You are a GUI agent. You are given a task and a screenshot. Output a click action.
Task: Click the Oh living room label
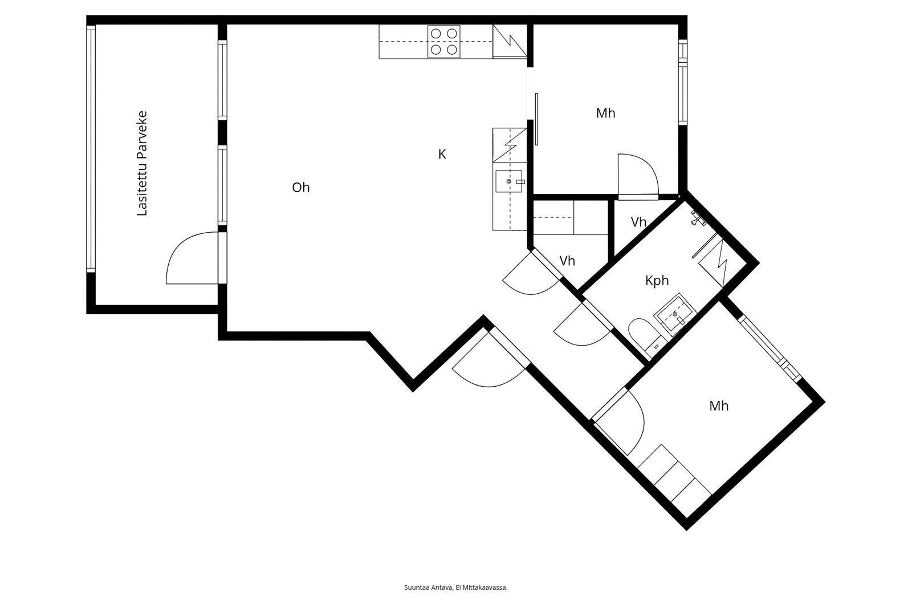301,188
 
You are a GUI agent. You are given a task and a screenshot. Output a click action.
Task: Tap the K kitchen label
442,154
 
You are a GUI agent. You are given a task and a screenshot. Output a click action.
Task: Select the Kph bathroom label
657,281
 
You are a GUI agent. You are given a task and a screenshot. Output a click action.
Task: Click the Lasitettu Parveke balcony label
142,163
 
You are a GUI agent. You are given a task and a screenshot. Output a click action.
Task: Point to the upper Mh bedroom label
605,113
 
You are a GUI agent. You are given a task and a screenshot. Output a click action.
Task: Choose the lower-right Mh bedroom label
719,406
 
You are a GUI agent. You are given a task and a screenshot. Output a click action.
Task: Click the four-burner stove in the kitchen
444,42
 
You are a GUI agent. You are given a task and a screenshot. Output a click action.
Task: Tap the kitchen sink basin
509,181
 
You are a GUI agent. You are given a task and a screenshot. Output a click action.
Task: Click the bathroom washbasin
675,314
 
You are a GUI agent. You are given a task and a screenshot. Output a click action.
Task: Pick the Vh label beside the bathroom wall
638,222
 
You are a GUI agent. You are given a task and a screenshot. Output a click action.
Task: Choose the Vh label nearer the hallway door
567,261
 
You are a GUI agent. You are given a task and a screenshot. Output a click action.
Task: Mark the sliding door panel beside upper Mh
536,119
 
